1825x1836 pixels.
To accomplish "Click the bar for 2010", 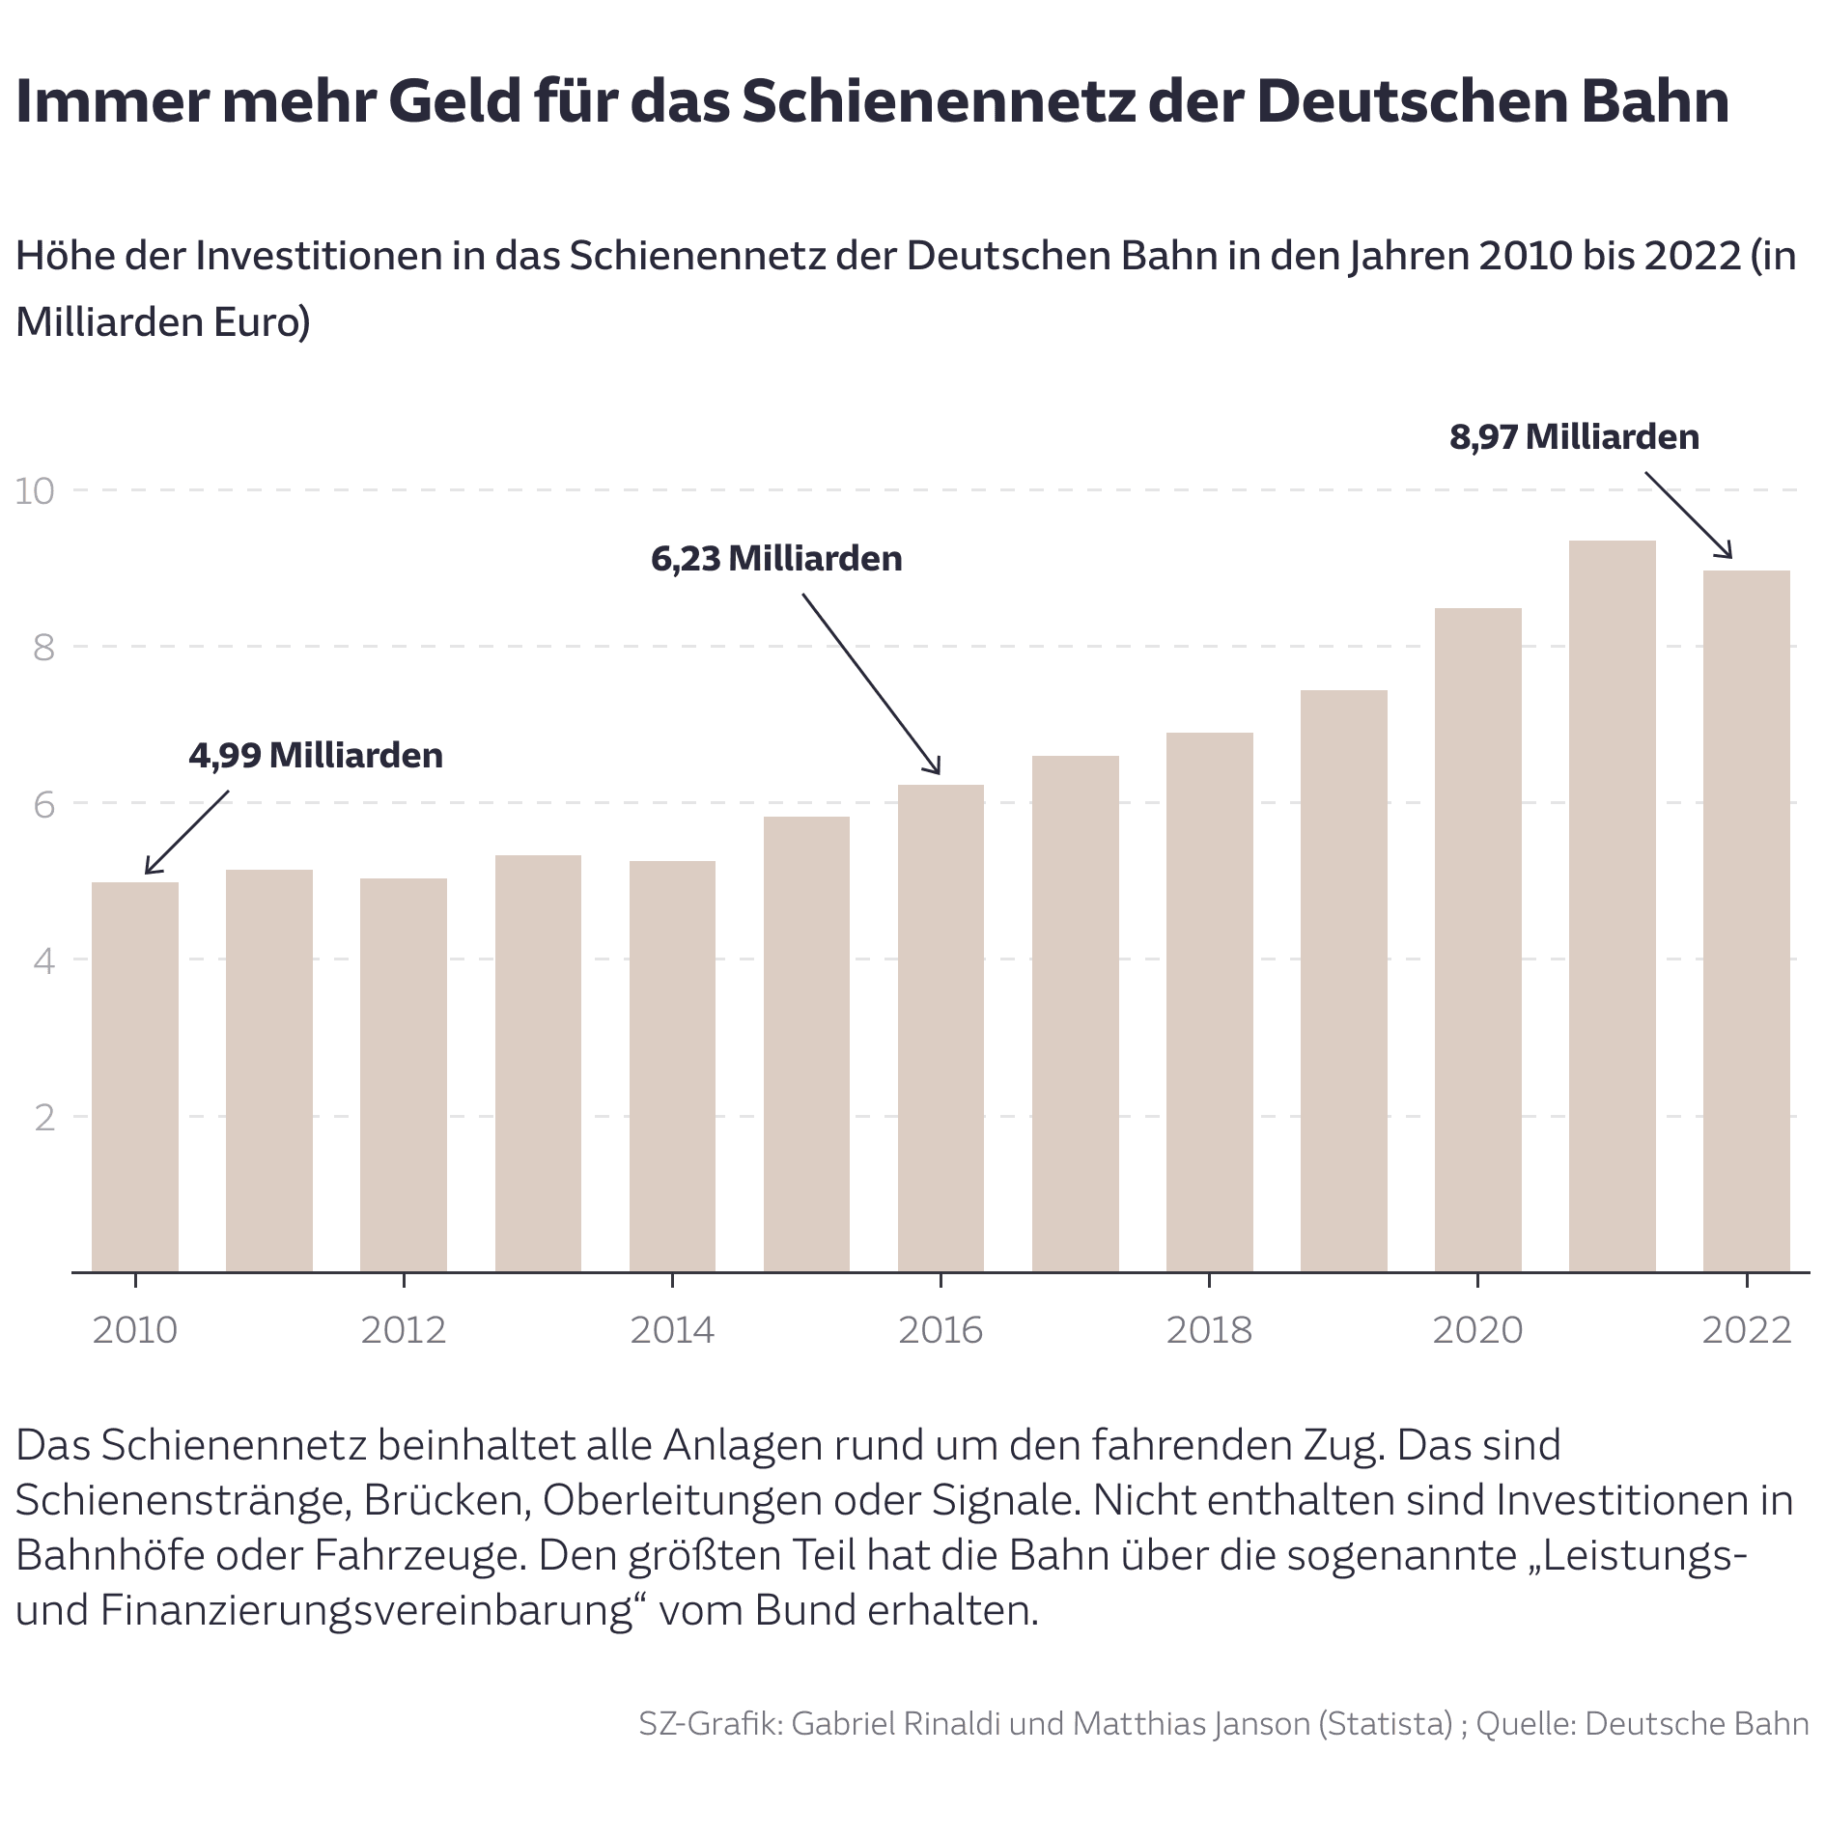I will [x=135, y=1076].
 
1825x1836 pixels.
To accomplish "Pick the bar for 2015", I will [x=806, y=1043].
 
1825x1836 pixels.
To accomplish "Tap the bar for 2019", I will [x=1343, y=980].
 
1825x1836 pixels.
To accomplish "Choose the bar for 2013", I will [x=538, y=1063].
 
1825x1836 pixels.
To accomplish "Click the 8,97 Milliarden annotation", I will [x=1574, y=437].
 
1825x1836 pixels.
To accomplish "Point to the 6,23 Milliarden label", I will [x=776, y=559].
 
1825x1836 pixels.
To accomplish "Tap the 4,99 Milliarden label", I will [x=316, y=755].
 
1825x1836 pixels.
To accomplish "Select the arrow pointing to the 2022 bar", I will [x=1688, y=515].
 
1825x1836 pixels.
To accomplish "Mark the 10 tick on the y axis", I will [x=35, y=491].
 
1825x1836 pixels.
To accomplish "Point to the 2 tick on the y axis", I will [x=44, y=1118].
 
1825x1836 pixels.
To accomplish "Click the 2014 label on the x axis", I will [x=672, y=1330].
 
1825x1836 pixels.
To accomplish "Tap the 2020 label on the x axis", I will [x=1477, y=1330].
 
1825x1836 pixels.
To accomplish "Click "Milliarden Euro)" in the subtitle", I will [x=163, y=322].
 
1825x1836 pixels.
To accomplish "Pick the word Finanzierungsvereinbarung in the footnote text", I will [x=367, y=1610].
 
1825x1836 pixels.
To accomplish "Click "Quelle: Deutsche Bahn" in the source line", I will [x=1642, y=1724].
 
